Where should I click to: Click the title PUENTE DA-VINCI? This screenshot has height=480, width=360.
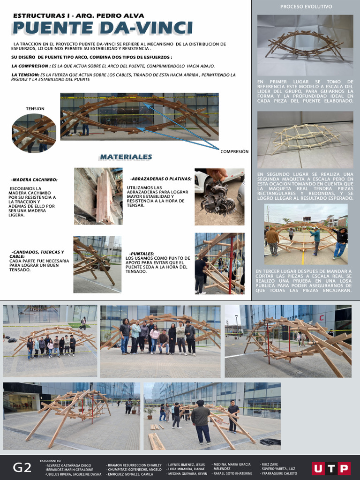tap(102, 28)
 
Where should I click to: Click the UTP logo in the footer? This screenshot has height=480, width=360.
tap(331, 468)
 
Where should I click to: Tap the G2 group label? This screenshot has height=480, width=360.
tap(22, 467)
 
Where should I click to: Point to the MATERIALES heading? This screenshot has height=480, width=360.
tap(125, 157)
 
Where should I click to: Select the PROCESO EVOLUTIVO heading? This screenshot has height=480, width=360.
tap(306, 7)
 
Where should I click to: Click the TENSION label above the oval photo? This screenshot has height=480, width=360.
tap(35, 109)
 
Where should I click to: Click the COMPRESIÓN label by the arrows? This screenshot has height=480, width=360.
tap(234, 151)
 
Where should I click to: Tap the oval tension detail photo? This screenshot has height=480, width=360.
tap(34, 133)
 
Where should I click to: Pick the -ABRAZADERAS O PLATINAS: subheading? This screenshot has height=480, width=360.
tap(161, 179)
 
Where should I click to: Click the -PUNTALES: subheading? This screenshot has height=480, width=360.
tap(142, 254)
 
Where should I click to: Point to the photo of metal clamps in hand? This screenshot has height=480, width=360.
tap(219, 197)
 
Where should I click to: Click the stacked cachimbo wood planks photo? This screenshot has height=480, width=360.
tap(98, 196)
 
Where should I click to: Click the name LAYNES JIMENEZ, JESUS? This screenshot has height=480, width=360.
tap(187, 465)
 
